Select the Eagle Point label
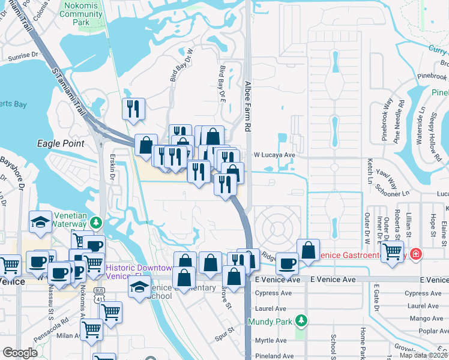(61, 143)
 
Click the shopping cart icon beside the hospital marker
(392, 253)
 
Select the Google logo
(20, 353)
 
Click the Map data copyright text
(423, 355)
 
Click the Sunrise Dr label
(23, 59)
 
